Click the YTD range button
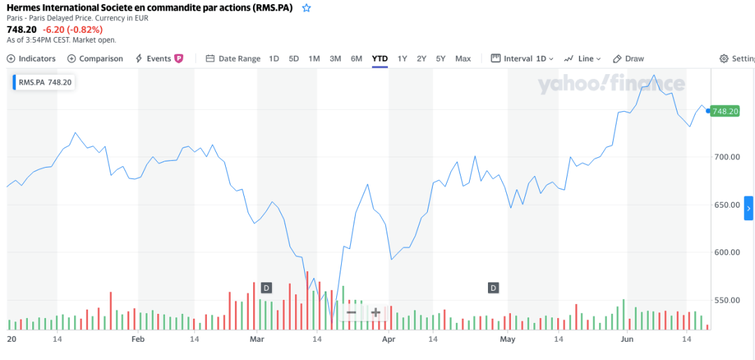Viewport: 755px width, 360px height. [380, 59]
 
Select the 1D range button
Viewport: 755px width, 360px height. [274, 59]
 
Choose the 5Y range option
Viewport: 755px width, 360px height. [440, 59]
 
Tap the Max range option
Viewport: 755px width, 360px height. [463, 59]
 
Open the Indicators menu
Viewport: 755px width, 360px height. [31, 59]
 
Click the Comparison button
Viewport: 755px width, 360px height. [95, 59]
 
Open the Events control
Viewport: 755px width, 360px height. [159, 59]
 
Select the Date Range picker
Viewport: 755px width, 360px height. [233, 59]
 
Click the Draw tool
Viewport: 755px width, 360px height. [628, 59]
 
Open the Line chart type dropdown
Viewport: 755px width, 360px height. [582, 59]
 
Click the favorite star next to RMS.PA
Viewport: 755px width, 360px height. [307, 8]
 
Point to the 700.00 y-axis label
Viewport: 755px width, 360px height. [726, 157]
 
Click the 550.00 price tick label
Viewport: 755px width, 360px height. [726, 301]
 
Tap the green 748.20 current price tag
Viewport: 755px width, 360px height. [725, 111]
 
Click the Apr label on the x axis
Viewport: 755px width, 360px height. [389, 339]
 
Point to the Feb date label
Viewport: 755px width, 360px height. [138, 339]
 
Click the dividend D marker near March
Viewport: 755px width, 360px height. [266, 287]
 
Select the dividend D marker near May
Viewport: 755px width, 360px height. [493, 287]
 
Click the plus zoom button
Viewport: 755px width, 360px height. [375, 312]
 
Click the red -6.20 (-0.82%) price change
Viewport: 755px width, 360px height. [73, 29]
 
